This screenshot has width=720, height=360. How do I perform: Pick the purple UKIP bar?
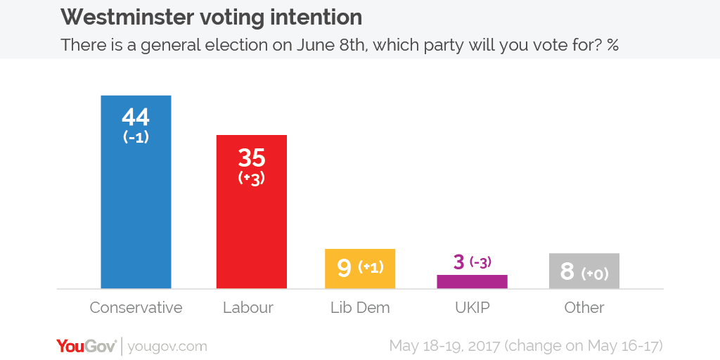[x=472, y=282]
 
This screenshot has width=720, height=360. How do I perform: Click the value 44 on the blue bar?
[x=136, y=116]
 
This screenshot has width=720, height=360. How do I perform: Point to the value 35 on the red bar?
[x=251, y=157]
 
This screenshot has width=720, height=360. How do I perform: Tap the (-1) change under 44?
[x=136, y=138]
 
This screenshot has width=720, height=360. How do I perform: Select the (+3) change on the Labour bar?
[x=251, y=178]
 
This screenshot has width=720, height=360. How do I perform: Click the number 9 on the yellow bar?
[x=344, y=269]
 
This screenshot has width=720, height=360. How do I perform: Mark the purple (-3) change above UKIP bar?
[x=481, y=262]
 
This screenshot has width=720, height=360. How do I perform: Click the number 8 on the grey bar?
[x=567, y=271]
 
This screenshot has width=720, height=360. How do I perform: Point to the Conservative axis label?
[x=136, y=308]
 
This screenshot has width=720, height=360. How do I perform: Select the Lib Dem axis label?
[x=360, y=308]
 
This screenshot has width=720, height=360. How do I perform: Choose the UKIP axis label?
[x=472, y=308]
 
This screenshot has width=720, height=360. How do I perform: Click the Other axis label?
[x=584, y=308]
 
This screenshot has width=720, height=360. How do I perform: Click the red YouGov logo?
[x=86, y=346]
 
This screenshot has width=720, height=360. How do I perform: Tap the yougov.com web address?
[x=168, y=347]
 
